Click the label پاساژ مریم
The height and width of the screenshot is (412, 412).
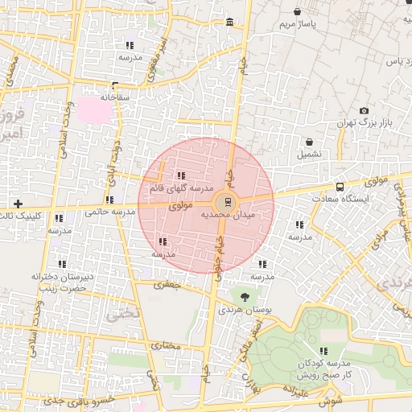pyautogui.click(x=299, y=25)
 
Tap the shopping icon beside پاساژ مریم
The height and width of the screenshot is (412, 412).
pyautogui.click(x=299, y=12)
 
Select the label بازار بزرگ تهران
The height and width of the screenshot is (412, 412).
pyautogui.click(x=356, y=123)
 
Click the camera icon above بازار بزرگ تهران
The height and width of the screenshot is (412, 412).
pyautogui.click(x=365, y=110)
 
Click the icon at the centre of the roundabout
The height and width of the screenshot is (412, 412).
pyautogui.click(x=227, y=201)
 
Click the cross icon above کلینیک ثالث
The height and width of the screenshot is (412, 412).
pyautogui.click(x=18, y=204)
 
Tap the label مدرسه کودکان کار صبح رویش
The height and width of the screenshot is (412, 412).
pyautogui.click(x=323, y=369)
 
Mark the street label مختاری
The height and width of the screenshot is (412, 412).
pyautogui.click(x=167, y=345)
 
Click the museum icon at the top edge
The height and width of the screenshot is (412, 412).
pyautogui.click(x=231, y=21)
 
